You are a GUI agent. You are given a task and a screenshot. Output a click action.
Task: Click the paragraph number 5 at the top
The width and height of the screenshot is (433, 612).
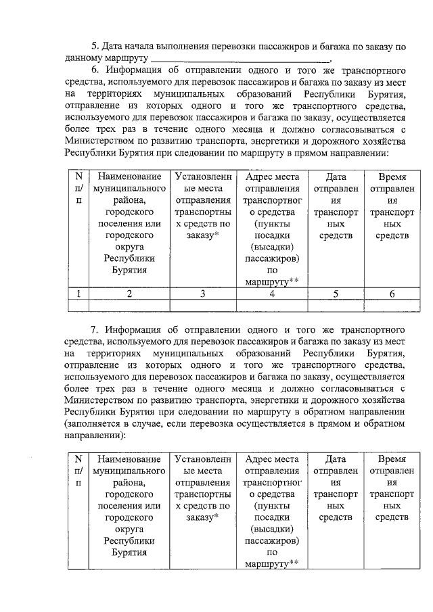95,47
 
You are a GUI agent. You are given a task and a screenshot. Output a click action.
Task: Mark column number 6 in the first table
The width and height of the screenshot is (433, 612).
392,293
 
